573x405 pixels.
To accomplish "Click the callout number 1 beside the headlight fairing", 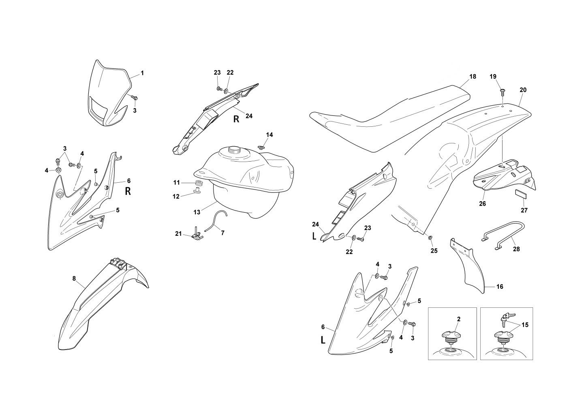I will tap(142, 73).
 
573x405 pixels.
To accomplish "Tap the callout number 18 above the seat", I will tap(473, 77).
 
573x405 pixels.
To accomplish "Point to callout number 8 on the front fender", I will tap(74, 278).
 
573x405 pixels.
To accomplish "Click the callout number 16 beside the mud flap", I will tap(500, 287).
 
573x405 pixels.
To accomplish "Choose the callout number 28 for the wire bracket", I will tap(516, 249).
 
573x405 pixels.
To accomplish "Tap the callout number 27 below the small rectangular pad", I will tap(524, 210).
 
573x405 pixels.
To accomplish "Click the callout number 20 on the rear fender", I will tap(523, 90).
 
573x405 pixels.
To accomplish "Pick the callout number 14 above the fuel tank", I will tap(269, 134).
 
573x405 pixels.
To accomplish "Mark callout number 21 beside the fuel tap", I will tap(179, 233).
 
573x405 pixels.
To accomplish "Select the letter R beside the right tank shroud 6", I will tap(128, 191).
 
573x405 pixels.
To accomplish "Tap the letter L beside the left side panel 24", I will tap(314, 237).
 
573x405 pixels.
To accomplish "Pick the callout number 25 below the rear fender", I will tap(434, 251).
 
